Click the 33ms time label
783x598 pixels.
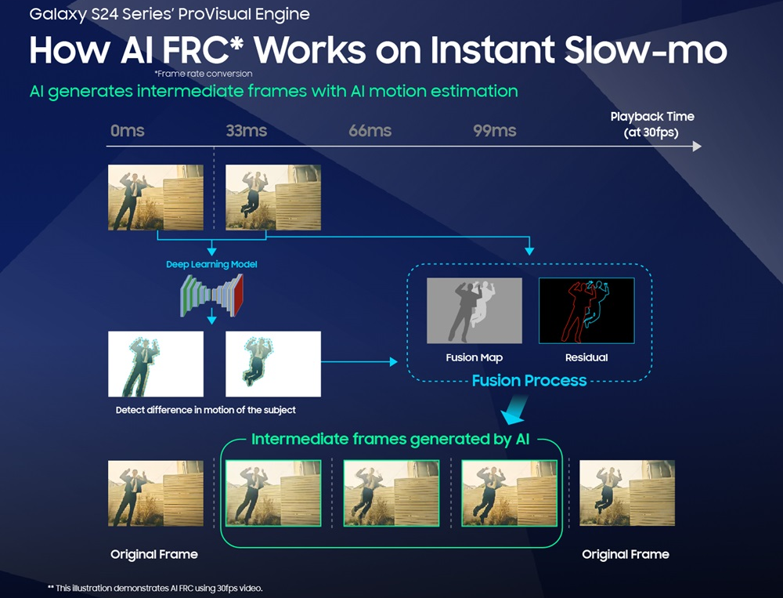click(246, 131)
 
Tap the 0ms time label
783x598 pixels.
click(128, 131)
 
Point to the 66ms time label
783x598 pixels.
click(370, 131)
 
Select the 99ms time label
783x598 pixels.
click(494, 131)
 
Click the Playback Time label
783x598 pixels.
click(651, 117)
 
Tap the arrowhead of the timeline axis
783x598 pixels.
click(697, 147)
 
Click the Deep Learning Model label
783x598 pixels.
click(211, 264)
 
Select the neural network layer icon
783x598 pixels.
click(211, 295)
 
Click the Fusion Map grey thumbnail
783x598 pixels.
click(474, 310)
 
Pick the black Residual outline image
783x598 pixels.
click(586, 310)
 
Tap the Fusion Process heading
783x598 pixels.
click(529, 381)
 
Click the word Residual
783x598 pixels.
click(586, 357)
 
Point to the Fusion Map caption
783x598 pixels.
click(474, 357)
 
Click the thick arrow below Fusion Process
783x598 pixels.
click(515, 410)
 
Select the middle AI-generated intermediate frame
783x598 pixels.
click(391, 493)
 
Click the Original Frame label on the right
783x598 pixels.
click(626, 554)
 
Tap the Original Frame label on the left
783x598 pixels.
click(154, 554)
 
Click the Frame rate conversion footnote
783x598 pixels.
click(204, 74)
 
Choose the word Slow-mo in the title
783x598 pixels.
click(646, 50)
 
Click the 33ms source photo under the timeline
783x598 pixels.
click(273, 198)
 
